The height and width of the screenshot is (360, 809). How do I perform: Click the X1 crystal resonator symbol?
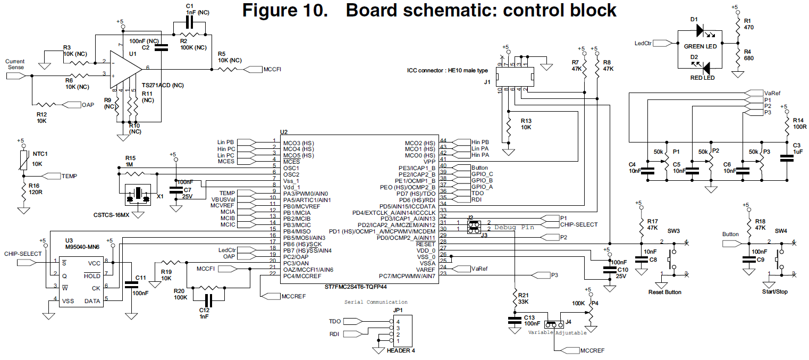click(x=138, y=196)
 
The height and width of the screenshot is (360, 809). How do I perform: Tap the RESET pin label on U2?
click(x=425, y=244)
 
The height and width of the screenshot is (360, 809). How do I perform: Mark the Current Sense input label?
click(x=15, y=64)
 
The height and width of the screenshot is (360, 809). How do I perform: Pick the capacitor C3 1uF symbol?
click(x=785, y=158)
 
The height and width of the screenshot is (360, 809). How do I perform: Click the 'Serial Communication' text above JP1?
click(x=376, y=302)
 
